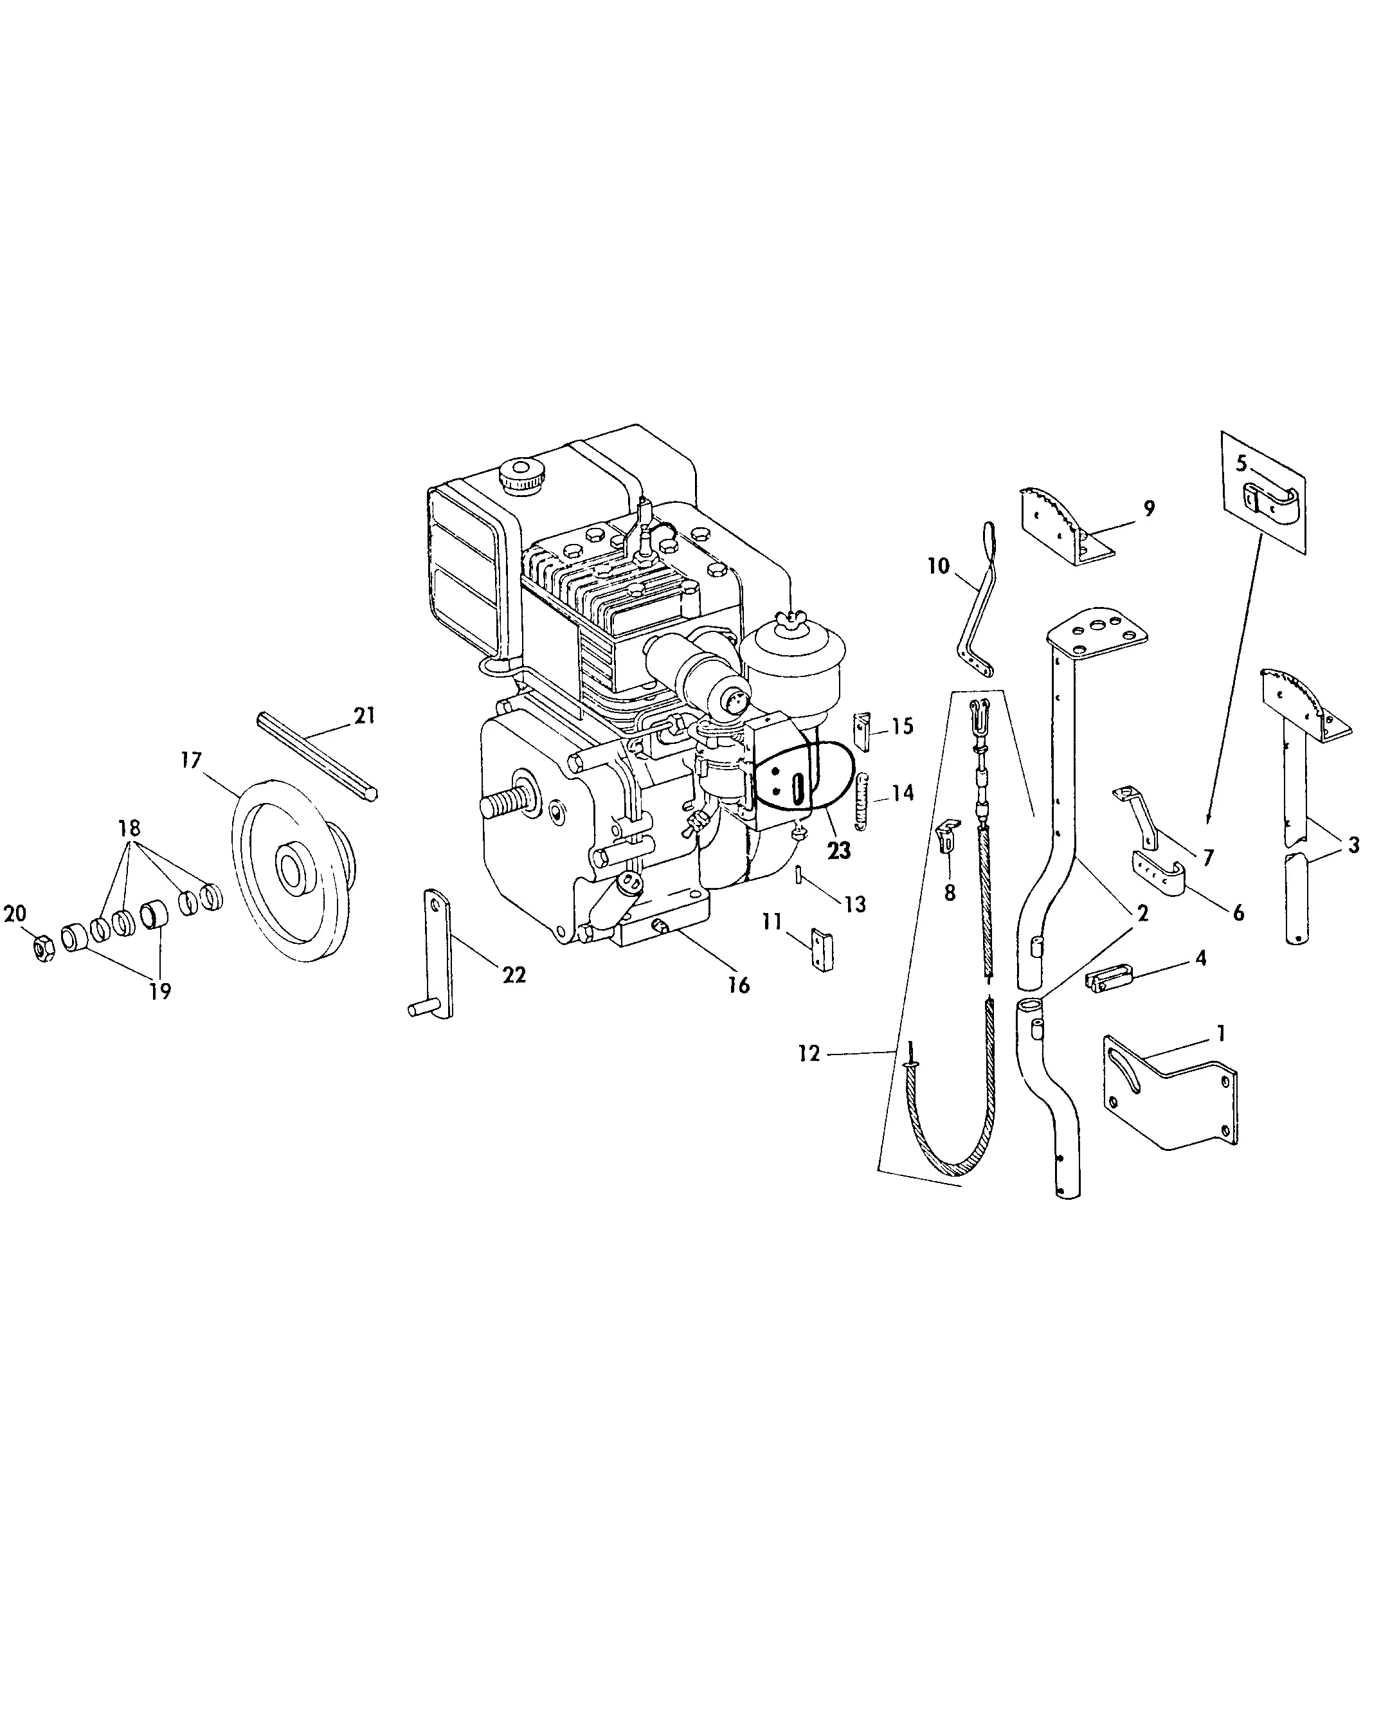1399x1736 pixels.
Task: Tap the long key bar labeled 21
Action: [317, 755]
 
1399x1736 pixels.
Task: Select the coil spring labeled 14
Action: [861, 801]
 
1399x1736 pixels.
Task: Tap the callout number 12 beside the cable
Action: [809, 1053]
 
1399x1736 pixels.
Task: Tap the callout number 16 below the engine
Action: [738, 985]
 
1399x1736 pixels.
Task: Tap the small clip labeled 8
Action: [948, 835]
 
